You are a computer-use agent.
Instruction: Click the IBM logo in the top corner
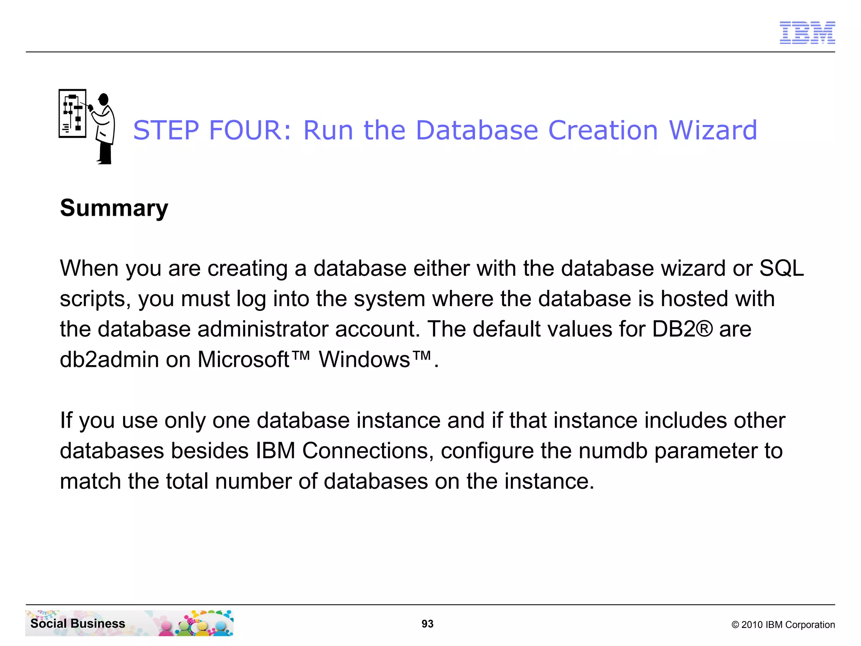(807, 33)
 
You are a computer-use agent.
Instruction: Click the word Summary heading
(114, 208)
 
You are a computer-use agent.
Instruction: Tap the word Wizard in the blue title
(713, 130)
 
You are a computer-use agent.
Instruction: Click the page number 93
(428, 624)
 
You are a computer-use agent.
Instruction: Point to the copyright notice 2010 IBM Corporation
(783, 625)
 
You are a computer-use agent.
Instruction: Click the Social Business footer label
(78, 623)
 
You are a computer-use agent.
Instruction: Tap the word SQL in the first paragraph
(782, 268)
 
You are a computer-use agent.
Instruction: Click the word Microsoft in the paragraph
(244, 360)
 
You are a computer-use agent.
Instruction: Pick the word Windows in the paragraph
(364, 360)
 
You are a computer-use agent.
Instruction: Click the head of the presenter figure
(103, 99)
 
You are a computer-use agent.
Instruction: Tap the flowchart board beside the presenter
(72, 113)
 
